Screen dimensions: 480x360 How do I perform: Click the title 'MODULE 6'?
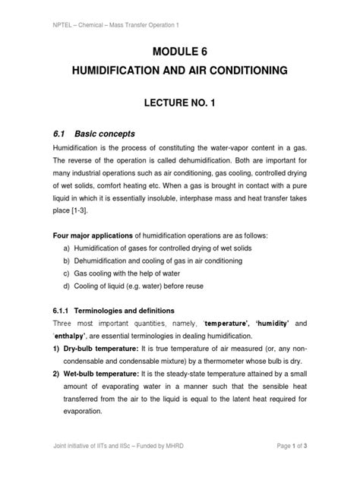click(x=180, y=52)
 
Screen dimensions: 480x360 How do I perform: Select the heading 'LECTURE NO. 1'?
click(x=179, y=103)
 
